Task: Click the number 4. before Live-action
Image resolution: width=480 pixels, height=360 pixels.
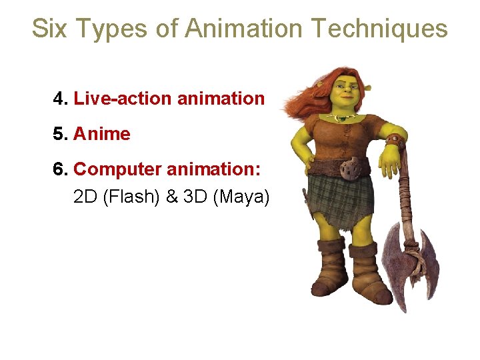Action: (x=61, y=99)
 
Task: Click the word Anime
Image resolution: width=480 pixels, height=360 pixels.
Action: (x=102, y=134)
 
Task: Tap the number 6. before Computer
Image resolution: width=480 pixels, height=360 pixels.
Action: (x=61, y=169)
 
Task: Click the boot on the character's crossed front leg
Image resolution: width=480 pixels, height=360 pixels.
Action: (x=331, y=270)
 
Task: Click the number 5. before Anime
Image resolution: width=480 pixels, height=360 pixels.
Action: (x=61, y=134)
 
